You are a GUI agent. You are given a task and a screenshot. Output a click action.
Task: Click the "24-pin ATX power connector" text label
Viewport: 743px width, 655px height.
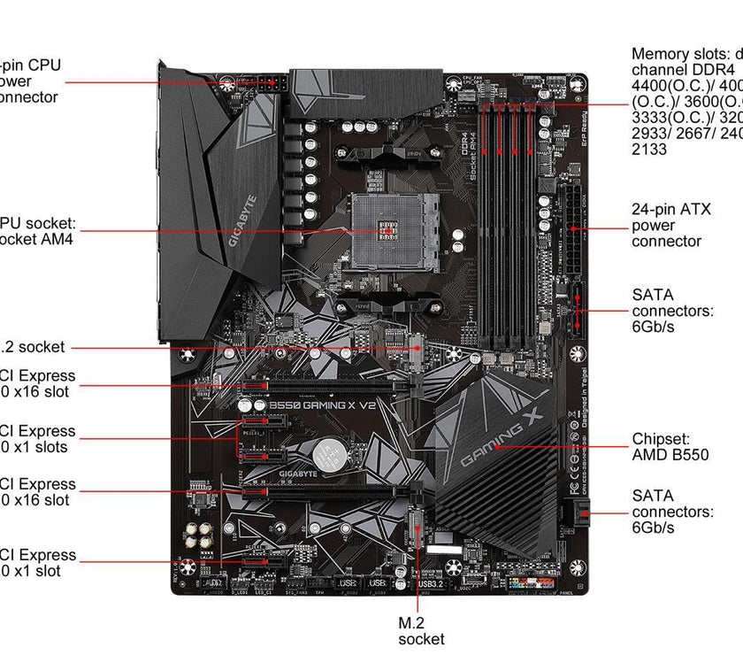666,226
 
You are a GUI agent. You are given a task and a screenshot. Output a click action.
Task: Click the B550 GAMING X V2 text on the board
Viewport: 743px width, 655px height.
317,405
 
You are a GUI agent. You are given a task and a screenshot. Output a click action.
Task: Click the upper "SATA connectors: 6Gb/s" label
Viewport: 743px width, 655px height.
672,311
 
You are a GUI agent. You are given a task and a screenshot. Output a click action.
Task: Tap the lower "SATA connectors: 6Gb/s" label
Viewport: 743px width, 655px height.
672,512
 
